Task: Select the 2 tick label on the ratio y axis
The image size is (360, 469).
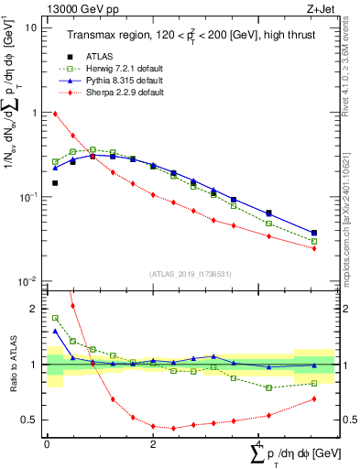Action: click(x=35, y=309)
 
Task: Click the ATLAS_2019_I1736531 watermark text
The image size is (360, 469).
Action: click(x=191, y=273)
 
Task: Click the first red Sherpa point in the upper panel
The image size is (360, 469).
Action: click(x=55, y=114)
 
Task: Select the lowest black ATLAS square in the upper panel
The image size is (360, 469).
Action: click(x=55, y=183)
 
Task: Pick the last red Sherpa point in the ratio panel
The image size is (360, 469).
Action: click(x=314, y=398)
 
